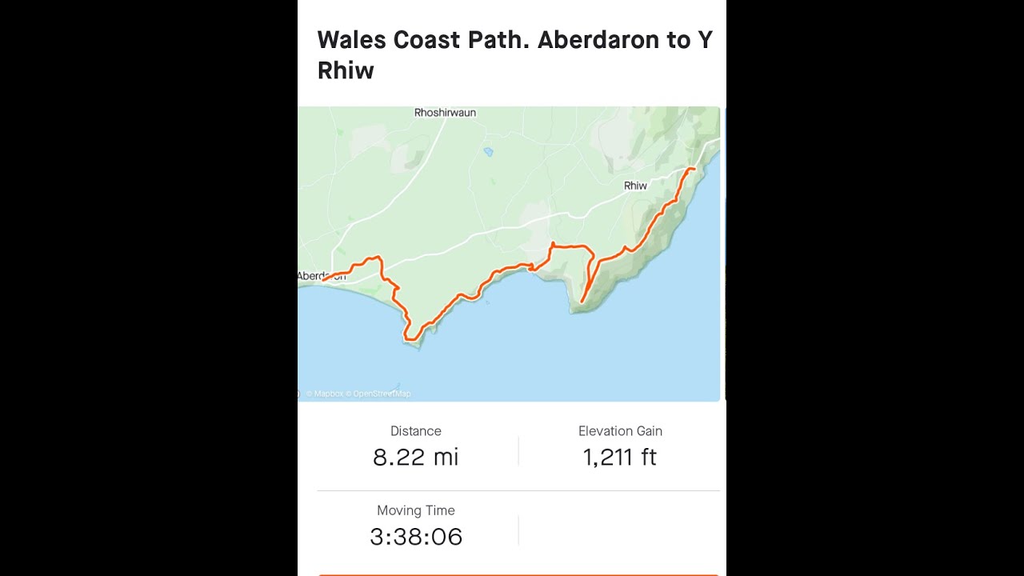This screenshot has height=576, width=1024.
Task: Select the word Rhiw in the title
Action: click(346, 70)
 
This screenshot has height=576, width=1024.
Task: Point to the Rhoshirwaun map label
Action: click(445, 113)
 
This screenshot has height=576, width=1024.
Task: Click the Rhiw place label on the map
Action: click(635, 186)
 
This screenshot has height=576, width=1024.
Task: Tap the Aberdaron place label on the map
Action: click(322, 276)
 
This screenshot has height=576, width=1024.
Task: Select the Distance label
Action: click(416, 431)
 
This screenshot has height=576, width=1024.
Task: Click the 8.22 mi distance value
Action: click(416, 458)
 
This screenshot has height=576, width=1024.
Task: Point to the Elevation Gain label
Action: click(620, 431)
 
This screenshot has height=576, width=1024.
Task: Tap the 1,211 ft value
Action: click(620, 458)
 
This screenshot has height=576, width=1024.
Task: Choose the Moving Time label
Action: click(416, 510)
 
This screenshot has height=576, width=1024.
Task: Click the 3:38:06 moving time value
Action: click(416, 537)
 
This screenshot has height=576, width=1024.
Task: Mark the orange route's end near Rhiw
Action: click(694, 169)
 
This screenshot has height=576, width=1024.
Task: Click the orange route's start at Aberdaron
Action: click(323, 280)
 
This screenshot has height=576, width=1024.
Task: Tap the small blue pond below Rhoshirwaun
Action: click(488, 150)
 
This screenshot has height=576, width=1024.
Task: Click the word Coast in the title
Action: click(431, 40)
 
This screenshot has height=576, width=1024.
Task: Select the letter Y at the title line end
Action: click(705, 40)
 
